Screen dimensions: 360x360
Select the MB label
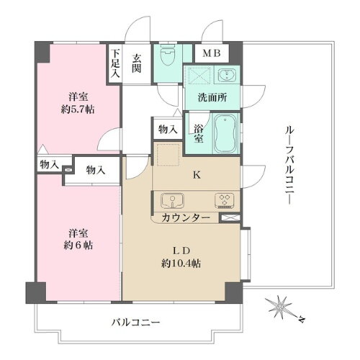(211, 53)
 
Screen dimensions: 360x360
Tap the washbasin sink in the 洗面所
(226, 76)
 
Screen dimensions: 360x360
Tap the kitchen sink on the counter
(174, 200)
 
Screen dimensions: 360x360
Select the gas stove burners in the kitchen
(221, 200)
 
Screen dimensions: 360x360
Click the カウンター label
(186, 217)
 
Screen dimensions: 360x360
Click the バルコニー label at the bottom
(135, 323)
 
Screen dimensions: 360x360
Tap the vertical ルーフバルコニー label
(289, 164)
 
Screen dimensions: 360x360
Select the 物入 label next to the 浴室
(167, 129)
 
